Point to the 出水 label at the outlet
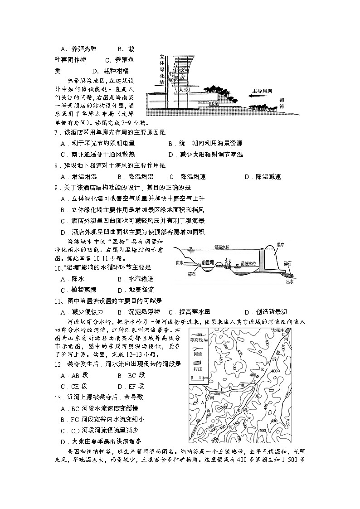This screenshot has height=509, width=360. coord(290,281)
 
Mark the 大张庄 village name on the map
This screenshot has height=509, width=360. coord(277,330)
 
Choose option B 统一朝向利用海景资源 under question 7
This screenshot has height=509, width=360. coord(205,143)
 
